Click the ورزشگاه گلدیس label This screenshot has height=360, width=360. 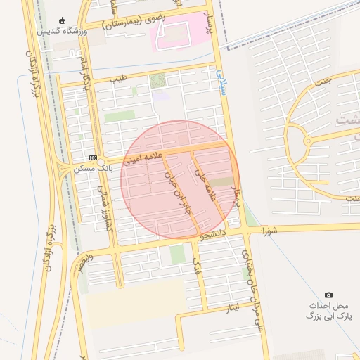click(63, 32)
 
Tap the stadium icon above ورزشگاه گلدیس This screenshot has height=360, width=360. click(63, 20)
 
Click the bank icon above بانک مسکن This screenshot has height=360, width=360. click(94, 157)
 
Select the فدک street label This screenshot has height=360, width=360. click(198, 265)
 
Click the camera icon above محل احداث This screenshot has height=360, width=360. click(328, 295)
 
